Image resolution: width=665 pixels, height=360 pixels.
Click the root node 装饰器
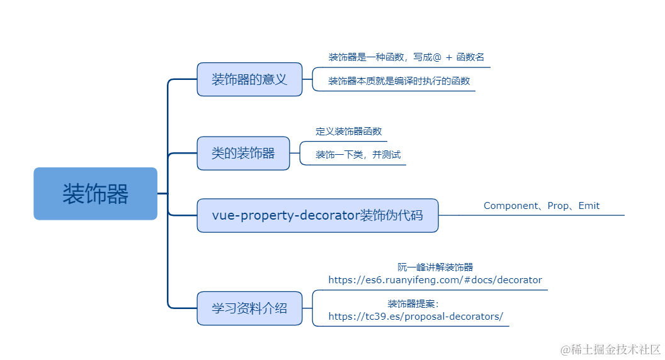click(95, 194)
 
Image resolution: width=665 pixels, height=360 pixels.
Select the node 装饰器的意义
click(249, 79)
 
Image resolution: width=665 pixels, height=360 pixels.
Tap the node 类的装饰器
click(243, 153)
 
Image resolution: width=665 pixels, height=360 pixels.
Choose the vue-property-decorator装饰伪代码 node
click(317, 215)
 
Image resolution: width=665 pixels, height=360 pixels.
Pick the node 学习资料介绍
click(249, 308)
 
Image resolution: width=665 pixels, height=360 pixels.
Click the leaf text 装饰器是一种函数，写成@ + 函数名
click(406, 57)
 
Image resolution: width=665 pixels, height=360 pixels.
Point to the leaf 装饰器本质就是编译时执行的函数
click(399, 81)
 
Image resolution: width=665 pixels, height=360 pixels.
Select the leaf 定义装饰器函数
click(348, 132)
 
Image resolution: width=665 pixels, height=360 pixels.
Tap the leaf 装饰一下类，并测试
click(358, 155)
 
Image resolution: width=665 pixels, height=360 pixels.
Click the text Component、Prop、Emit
click(541, 206)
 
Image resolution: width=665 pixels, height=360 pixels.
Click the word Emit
click(588, 206)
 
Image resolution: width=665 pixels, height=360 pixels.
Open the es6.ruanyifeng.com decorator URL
click(435, 280)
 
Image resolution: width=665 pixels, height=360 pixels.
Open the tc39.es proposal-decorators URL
click(416, 317)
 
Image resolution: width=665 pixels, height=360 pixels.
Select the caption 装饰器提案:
click(418, 303)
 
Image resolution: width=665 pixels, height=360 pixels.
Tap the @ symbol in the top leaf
click(437, 57)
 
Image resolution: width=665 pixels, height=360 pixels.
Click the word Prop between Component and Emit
click(558, 206)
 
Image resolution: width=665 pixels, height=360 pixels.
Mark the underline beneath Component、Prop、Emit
click(542, 215)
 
